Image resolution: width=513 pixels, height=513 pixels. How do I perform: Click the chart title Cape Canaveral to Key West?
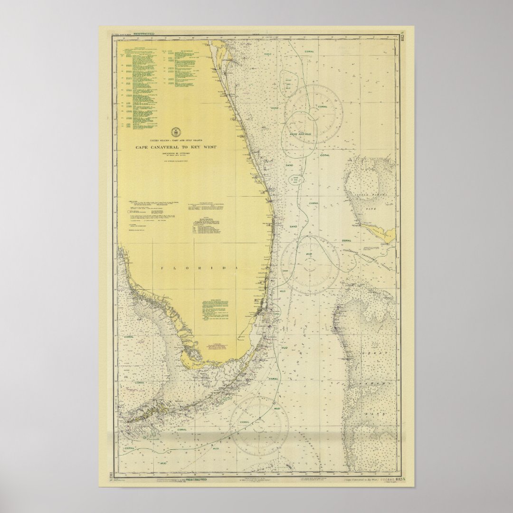[x=176, y=147]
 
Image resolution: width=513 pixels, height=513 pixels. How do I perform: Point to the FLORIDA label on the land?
[x=199, y=268]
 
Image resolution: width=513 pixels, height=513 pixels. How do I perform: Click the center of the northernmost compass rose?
[x=313, y=114]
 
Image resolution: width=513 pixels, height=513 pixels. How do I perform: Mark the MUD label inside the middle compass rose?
[x=309, y=255]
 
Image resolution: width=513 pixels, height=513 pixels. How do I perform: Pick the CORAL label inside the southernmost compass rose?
[x=245, y=422]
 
